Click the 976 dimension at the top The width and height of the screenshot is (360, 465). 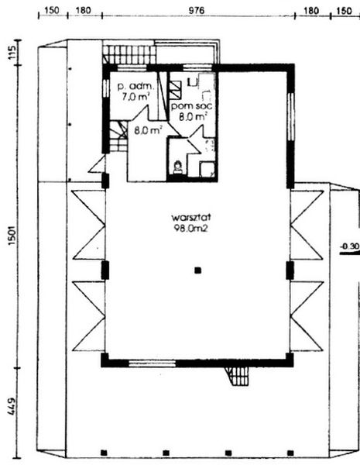197,10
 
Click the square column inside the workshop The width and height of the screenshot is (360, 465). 198,270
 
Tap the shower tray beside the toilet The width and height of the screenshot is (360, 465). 207,168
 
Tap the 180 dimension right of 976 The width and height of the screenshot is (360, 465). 310,10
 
